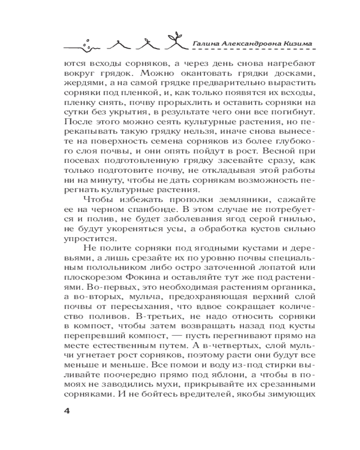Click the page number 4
pyautogui.click(x=67, y=412)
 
